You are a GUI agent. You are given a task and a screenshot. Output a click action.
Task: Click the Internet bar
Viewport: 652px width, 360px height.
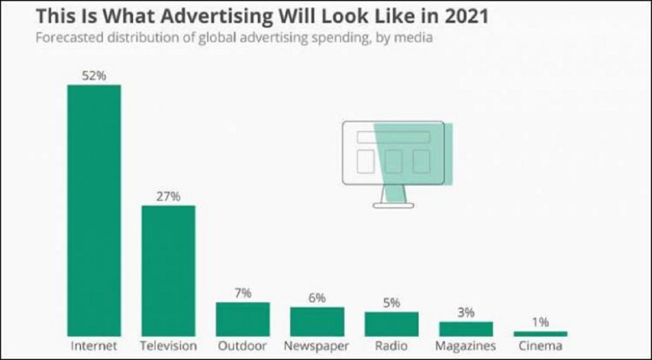pyautogui.click(x=94, y=210)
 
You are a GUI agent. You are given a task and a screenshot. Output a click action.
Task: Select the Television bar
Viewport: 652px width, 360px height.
pyautogui.click(x=168, y=271)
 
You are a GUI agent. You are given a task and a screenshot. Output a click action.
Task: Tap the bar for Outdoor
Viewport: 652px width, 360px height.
pyautogui.click(x=243, y=319)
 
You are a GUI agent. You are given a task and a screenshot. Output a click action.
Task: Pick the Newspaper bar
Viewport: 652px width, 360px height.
pyautogui.click(x=317, y=321)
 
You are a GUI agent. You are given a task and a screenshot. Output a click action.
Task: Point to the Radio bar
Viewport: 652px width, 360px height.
pyautogui.click(x=392, y=324)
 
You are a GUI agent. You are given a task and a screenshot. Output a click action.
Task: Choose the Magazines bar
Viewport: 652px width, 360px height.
pyautogui.click(x=465, y=329)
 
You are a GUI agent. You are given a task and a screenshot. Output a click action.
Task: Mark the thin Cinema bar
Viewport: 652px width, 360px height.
pyautogui.click(x=540, y=333)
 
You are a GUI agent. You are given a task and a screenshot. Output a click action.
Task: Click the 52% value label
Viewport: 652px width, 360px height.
pyautogui.click(x=94, y=76)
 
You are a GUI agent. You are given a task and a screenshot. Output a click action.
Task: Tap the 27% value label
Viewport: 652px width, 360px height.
pyautogui.click(x=168, y=196)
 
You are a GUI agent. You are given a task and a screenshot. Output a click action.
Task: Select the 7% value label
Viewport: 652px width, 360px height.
pyautogui.click(x=243, y=293)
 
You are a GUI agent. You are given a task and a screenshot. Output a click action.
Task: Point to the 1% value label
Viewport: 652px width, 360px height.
pyautogui.click(x=540, y=322)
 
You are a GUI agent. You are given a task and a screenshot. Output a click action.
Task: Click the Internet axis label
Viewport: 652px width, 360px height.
pyautogui.click(x=94, y=347)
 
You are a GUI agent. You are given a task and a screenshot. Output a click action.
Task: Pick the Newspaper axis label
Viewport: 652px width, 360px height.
pyautogui.click(x=317, y=347)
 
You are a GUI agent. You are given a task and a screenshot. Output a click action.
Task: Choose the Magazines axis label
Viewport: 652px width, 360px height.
pyautogui.click(x=465, y=347)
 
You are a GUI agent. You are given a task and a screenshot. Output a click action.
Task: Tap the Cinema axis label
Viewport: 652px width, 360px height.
pyautogui.click(x=540, y=347)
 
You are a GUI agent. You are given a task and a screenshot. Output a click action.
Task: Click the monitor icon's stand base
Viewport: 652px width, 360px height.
pyautogui.click(x=393, y=205)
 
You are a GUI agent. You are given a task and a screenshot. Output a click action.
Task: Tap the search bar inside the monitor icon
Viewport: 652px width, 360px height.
pyautogui.click(x=393, y=137)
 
